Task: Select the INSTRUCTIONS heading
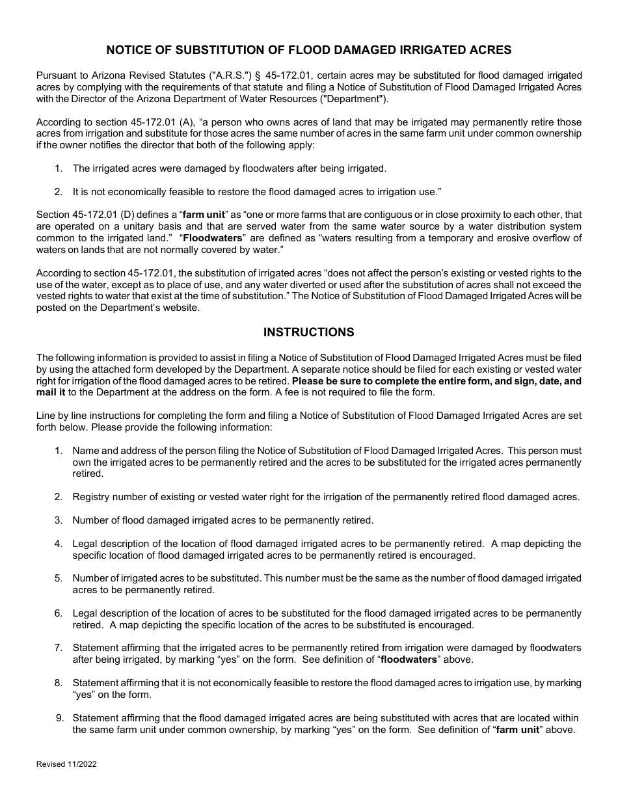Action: click(x=308, y=332)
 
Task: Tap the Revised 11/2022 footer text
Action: click(x=66, y=765)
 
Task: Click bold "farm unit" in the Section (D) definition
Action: click(x=202, y=215)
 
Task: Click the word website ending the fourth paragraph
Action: click(x=180, y=308)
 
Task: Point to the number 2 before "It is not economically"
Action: click(x=59, y=191)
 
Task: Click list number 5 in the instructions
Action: click(x=59, y=578)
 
